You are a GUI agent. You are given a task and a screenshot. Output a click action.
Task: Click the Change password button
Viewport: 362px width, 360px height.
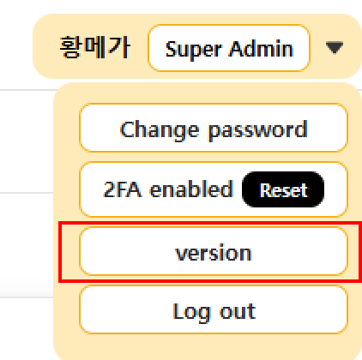pos(214,128)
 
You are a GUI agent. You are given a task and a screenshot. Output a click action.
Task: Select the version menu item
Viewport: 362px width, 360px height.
pos(214,251)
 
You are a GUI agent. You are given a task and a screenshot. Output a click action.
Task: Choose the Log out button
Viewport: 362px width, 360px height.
pos(214,309)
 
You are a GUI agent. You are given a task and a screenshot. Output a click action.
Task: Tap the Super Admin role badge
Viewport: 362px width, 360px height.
pos(229,48)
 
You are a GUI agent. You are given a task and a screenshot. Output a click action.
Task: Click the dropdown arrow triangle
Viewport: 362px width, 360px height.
pos(335,47)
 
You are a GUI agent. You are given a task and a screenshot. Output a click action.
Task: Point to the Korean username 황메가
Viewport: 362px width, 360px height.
pos(95,47)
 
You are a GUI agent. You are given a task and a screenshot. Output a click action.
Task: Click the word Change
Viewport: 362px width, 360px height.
pos(160,130)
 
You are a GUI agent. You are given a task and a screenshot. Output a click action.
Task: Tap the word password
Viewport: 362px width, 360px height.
pos(258,130)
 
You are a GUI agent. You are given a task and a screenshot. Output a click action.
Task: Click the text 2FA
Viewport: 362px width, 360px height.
pos(123,189)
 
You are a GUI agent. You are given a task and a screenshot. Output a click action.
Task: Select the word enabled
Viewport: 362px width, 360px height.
pos(191,189)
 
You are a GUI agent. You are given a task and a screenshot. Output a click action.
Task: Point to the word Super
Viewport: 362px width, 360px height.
pos(193,50)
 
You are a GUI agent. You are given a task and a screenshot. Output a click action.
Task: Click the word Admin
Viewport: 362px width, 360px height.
pos(262,49)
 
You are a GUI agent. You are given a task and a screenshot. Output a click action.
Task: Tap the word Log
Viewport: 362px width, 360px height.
pos(191,312)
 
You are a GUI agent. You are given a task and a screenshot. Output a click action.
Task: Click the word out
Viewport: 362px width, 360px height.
pos(238,311)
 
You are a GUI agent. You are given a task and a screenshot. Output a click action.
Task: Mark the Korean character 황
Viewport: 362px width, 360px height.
pos(70,47)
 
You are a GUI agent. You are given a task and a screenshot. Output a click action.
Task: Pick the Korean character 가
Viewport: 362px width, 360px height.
pos(120,47)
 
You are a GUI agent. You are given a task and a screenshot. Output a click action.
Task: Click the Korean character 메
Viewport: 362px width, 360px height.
pos(95,47)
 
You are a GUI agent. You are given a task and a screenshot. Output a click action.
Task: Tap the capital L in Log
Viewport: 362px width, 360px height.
pos(178,311)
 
